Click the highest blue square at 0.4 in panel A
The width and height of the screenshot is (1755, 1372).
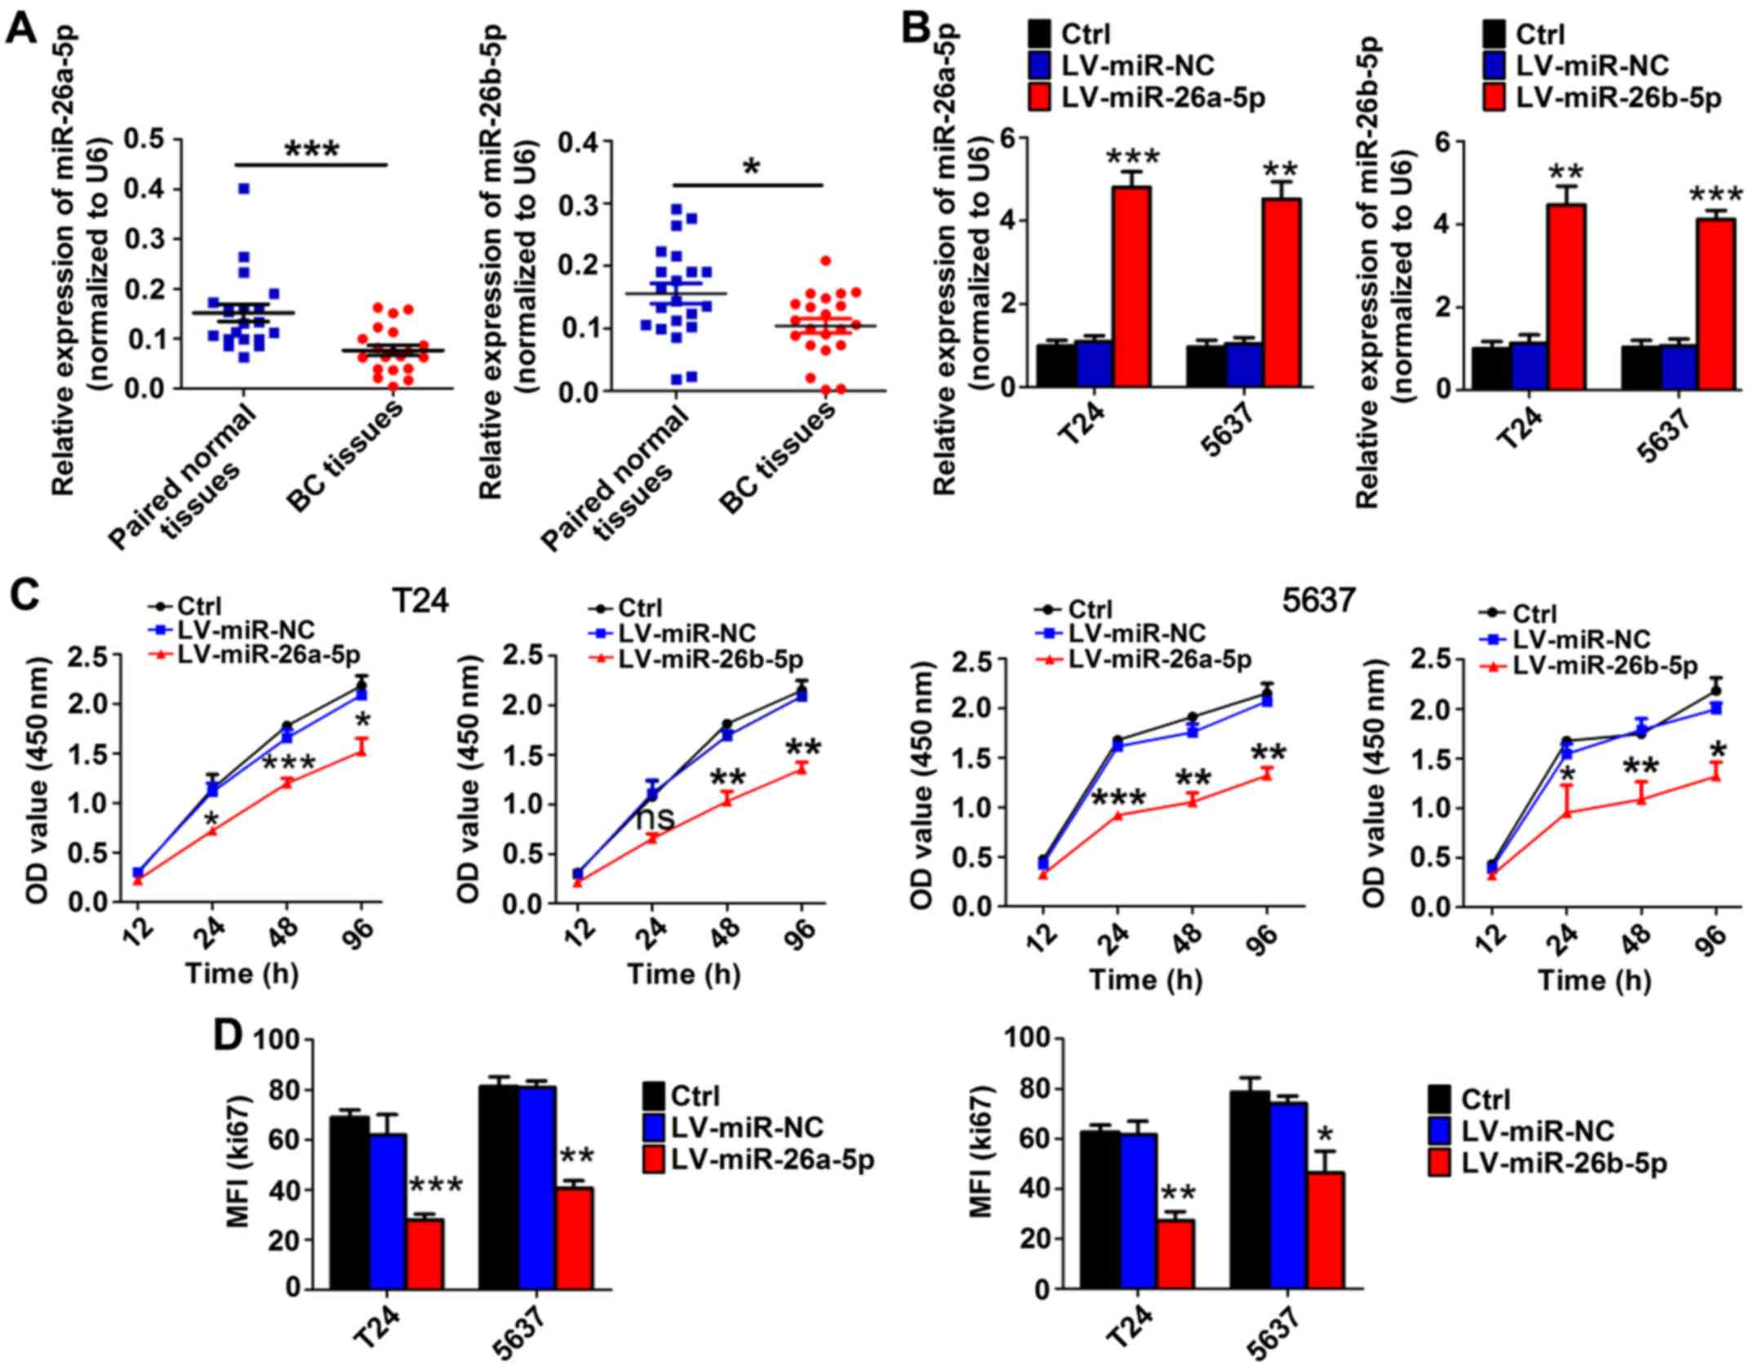coord(243,189)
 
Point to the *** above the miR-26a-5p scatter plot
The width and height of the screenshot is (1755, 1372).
coord(311,149)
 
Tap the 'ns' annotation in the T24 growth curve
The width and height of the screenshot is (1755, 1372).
coord(655,817)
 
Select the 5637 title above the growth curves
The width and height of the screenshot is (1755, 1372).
coord(1317,602)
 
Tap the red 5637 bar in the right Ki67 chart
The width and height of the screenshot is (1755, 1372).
coord(1326,1230)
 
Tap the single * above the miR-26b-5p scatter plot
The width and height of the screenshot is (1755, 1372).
coord(751,168)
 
